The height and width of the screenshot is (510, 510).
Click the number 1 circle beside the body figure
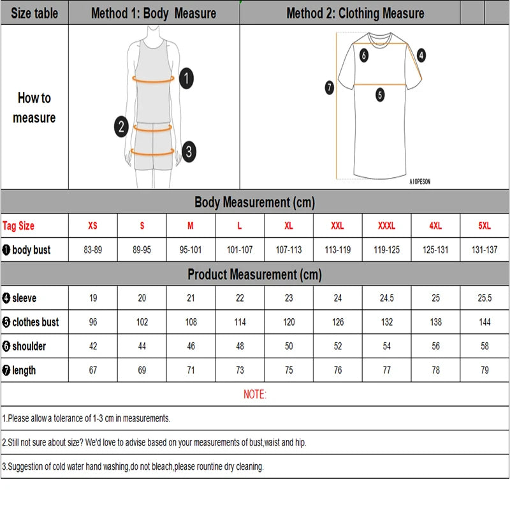(x=186, y=79)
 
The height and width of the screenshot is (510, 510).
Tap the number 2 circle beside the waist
(x=122, y=126)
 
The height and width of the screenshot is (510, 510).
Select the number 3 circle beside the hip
(x=188, y=152)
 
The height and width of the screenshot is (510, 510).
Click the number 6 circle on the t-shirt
(x=364, y=55)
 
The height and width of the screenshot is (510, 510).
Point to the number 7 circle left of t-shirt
(x=330, y=88)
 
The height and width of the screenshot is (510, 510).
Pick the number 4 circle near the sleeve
(x=421, y=55)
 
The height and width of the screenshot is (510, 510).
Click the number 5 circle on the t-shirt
(x=380, y=95)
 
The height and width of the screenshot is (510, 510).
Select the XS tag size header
(x=93, y=226)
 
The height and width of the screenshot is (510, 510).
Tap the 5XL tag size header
(x=484, y=226)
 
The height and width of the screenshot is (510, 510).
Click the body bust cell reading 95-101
(x=191, y=250)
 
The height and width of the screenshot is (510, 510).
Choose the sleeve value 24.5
(x=387, y=298)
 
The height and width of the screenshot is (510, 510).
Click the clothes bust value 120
(x=289, y=322)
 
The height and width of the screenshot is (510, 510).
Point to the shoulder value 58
(x=484, y=346)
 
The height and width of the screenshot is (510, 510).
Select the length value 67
(x=93, y=370)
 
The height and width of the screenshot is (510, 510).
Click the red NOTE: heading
(x=255, y=395)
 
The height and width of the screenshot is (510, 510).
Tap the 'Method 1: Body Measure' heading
(x=154, y=13)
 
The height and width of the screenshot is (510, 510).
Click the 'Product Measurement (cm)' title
(x=254, y=275)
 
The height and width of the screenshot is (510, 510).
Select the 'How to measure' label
(x=34, y=108)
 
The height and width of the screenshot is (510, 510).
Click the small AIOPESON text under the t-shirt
(x=419, y=182)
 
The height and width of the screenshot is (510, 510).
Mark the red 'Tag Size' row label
(x=19, y=226)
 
